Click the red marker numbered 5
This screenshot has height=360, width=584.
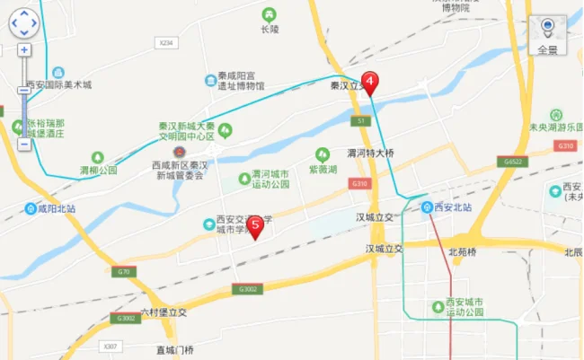[256, 226]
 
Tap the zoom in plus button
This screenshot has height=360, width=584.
[24, 50]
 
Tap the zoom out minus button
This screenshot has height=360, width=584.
[24, 143]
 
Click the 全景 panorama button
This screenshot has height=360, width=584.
[547, 36]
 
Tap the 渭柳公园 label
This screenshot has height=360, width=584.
[98, 169]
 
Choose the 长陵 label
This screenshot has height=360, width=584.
[270, 29]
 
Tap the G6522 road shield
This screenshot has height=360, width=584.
[508, 162]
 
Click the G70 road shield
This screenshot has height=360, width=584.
[123, 269]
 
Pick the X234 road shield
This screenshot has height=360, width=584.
[164, 42]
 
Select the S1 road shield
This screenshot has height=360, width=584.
[359, 119]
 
